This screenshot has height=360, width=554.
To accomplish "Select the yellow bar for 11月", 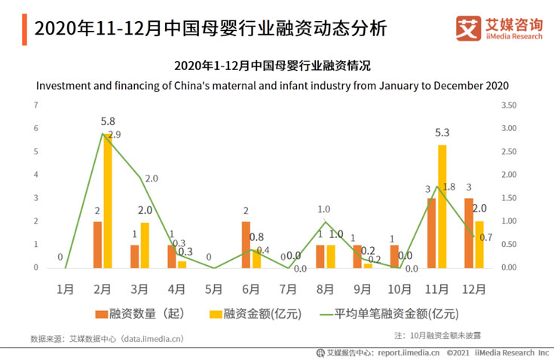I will pyautogui.click(x=442, y=206).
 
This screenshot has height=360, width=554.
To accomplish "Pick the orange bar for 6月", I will pyautogui.click(x=246, y=245).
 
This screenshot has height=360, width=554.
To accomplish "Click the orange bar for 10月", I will pyautogui.click(x=395, y=256).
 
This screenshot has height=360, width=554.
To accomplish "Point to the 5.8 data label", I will pyautogui.click(x=108, y=121).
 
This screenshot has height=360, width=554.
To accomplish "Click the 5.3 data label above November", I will pyautogui.click(x=442, y=133).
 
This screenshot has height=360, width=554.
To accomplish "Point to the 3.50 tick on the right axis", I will pyautogui.click(x=509, y=105).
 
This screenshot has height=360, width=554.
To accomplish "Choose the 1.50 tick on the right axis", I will pyautogui.click(x=509, y=198).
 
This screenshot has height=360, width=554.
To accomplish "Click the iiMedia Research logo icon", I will pyautogui.click(x=469, y=29).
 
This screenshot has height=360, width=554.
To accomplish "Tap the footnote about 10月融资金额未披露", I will pyautogui.click(x=437, y=334).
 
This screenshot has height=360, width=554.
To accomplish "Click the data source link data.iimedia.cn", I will pyautogui.click(x=152, y=339).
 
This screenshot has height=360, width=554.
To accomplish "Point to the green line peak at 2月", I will pyautogui.click(x=102, y=134).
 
